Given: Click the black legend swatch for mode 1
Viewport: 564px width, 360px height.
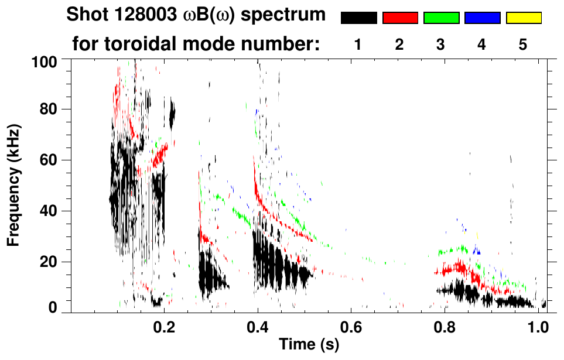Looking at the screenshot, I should click(x=358, y=18).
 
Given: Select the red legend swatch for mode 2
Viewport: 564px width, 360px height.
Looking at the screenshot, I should click(x=400, y=18).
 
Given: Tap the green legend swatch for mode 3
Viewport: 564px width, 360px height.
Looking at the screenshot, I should click(x=441, y=18).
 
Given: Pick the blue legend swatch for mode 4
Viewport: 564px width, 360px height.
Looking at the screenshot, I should click(x=482, y=18).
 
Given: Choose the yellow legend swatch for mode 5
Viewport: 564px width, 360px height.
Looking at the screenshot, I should click(x=524, y=18).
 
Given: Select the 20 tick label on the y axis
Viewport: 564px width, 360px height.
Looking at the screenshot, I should click(x=49, y=261).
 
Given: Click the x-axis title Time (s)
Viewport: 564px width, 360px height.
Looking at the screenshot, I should click(x=308, y=345).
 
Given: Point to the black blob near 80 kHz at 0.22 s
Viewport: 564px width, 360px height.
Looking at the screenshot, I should click(x=172, y=114).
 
